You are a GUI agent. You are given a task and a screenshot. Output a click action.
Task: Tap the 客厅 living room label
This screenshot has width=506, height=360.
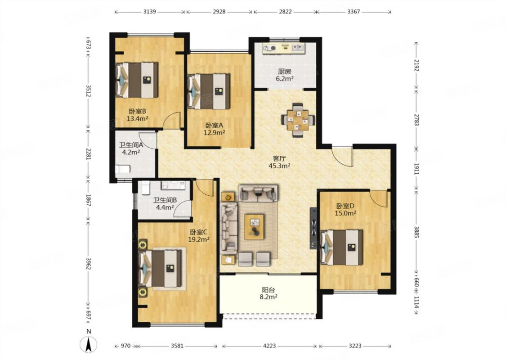point(279,158)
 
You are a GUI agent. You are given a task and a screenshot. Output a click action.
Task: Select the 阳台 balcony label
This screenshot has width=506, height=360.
point(269,290)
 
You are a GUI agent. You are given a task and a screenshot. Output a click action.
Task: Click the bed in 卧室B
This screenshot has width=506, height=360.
point(137,80)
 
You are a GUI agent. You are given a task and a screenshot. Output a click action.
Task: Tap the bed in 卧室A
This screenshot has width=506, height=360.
point(209,92)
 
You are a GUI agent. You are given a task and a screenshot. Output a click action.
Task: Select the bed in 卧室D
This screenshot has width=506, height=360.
point(342,247)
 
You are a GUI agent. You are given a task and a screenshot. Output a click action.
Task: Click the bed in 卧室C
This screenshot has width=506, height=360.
point(160,269)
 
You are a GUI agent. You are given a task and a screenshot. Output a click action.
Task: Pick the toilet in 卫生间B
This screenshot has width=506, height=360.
point(145,188)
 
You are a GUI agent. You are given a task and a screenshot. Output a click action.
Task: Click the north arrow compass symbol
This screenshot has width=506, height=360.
point(89,344)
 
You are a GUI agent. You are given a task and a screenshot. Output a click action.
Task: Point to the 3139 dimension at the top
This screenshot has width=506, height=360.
point(150,12)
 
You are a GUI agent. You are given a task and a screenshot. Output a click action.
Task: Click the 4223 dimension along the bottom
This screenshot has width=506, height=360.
point(269,346)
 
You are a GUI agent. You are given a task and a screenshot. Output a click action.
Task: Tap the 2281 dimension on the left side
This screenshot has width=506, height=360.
point(89,154)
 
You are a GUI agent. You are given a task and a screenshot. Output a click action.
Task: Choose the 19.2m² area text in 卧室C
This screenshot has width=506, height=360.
point(199,239)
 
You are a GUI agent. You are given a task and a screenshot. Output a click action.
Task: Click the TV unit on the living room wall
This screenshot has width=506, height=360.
point(313,228)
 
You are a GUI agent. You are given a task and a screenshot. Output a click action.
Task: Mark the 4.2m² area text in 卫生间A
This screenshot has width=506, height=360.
point(131,152)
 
